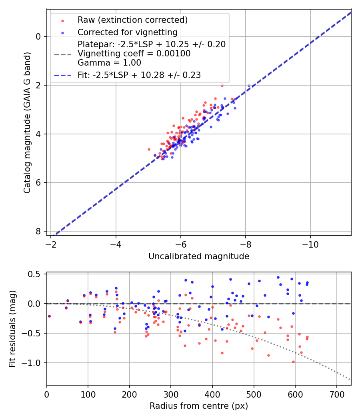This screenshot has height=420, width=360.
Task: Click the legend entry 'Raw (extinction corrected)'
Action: (132, 20)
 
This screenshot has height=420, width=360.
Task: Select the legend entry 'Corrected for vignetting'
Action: (127, 32)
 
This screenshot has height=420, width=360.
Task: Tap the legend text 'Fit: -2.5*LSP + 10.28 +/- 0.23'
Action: (139, 75)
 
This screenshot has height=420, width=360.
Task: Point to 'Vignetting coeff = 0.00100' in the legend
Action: (134, 54)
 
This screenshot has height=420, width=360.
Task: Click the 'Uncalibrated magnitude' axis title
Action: (199, 256)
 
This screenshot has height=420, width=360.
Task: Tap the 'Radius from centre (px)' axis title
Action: (199, 406)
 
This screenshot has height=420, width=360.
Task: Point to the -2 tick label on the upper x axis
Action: (51, 244)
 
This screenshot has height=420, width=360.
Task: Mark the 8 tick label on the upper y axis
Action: (38, 232)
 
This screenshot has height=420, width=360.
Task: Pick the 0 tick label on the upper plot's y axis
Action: (38, 36)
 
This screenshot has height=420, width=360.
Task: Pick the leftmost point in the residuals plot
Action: (49, 316)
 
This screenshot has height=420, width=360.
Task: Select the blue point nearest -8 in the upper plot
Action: (249, 86)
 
